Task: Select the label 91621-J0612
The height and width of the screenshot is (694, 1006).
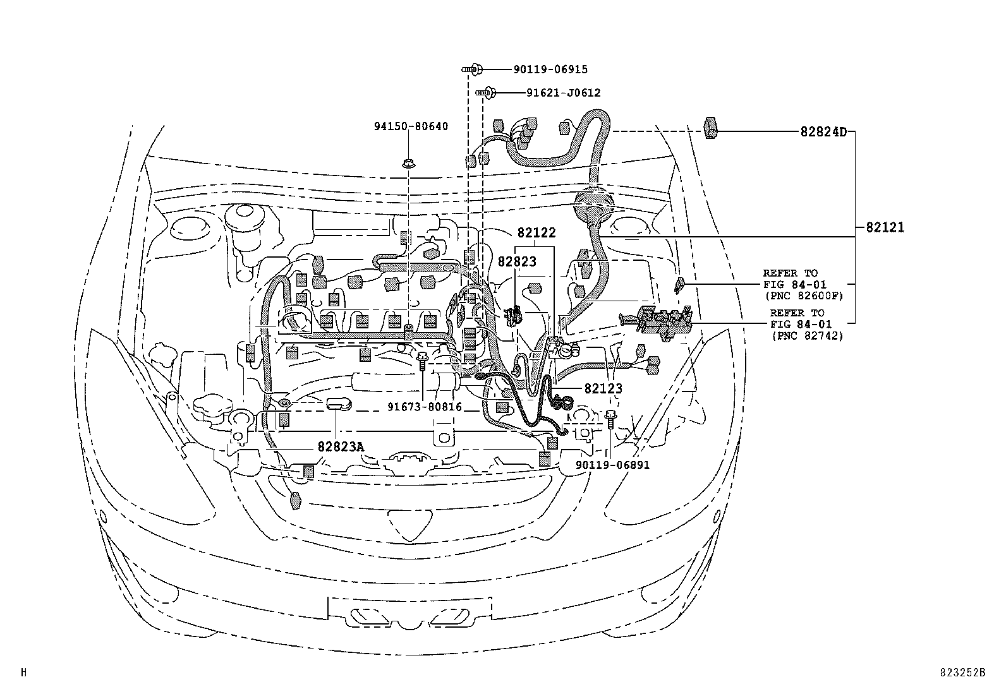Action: pyautogui.click(x=563, y=93)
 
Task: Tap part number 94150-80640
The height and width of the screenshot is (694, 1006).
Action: pyautogui.click(x=410, y=126)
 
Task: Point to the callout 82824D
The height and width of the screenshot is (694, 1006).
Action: pyautogui.click(x=823, y=133)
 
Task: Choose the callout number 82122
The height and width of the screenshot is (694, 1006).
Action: pyautogui.click(x=536, y=233)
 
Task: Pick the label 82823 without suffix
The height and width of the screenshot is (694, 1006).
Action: pyautogui.click(x=516, y=261)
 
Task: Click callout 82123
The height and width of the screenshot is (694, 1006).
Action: pyautogui.click(x=603, y=389)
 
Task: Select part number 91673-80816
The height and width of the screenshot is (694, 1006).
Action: pyautogui.click(x=424, y=407)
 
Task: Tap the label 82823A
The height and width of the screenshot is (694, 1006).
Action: pyautogui.click(x=341, y=446)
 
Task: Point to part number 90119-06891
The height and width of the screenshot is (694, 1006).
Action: pyautogui.click(x=612, y=465)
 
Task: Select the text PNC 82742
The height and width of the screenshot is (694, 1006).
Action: pyautogui.click(x=807, y=335)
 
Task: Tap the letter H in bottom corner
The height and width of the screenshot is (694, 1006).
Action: pyautogui.click(x=23, y=673)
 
